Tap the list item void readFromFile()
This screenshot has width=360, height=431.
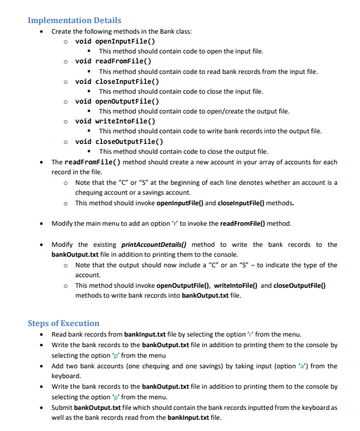116,61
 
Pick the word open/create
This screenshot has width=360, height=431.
223,111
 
